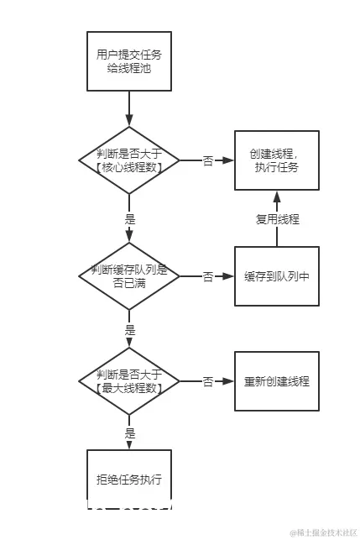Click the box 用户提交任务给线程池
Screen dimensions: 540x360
(x=129, y=60)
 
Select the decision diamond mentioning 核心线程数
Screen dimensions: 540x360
(x=129, y=160)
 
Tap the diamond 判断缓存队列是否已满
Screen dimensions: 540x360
(x=129, y=275)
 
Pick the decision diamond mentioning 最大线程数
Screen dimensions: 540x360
(x=129, y=381)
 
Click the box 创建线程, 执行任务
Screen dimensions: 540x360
(x=276, y=160)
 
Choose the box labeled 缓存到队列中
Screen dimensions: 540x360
(x=276, y=275)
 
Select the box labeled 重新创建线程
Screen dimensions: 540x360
(x=276, y=381)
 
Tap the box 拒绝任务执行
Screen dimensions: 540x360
(x=129, y=480)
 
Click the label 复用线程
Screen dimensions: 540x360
(x=277, y=219)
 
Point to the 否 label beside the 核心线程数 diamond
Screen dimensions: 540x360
(x=207, y=160)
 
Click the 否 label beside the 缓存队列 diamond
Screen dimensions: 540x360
(x=207, y=275)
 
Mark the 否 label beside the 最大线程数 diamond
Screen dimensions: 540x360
(x=207, y=381)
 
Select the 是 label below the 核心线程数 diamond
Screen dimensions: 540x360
(x=129, y=218)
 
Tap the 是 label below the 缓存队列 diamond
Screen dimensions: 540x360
(x=129, y=329)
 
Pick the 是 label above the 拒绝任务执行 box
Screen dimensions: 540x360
(x=129, y=433)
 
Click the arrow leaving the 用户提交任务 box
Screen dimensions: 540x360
(x=129, y=107)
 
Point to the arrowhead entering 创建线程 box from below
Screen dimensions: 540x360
(x=277, y=196)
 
